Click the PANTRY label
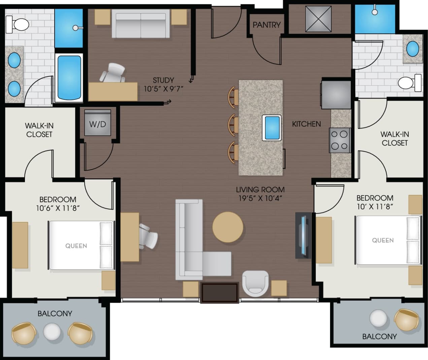266,25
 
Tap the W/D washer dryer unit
97,124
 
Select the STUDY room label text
163,80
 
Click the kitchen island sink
272,128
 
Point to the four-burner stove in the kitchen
339,140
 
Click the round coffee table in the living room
228,227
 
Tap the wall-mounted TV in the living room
303,235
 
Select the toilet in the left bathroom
19,24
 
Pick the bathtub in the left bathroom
69,78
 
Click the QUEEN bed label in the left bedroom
76,246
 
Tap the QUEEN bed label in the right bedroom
383,240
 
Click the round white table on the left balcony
52,332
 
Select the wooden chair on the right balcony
406,319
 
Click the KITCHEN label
306,124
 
